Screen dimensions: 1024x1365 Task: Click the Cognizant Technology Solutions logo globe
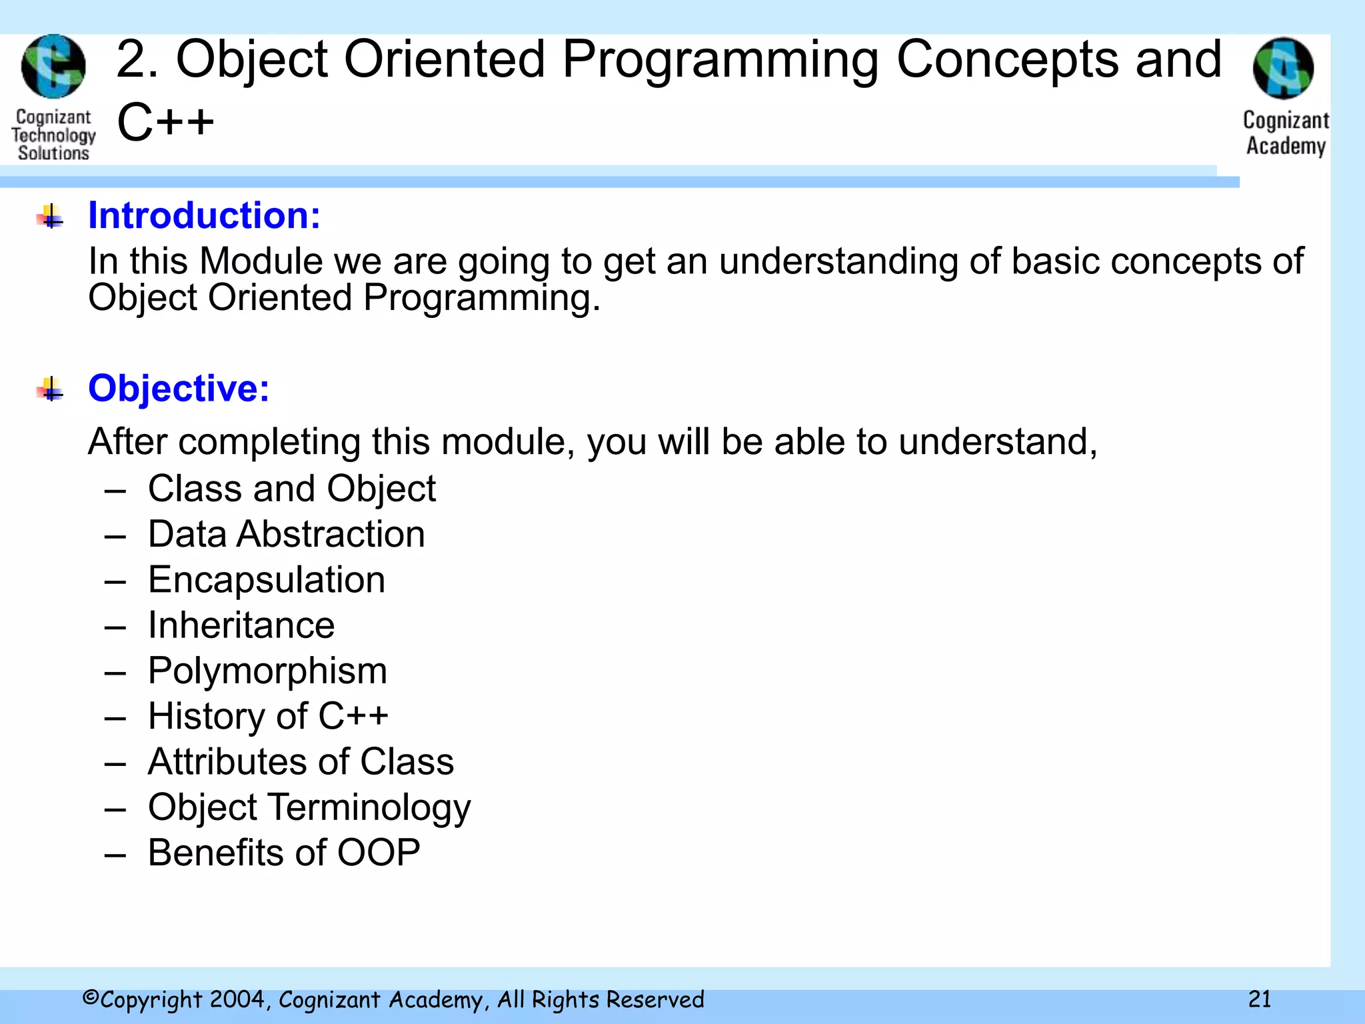[x=53, y=67]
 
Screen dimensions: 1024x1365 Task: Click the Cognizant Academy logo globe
[x=1283, y=69]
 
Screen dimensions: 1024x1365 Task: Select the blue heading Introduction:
[x=204, y=216]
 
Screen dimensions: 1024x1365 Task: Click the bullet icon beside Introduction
[x=51, y=217]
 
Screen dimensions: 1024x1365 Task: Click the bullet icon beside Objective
[x=51, y=389]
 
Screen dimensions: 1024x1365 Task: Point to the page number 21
[x=1259, y=999]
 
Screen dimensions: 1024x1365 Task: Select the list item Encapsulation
[x=267, y=579]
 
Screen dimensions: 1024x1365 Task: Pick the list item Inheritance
[x=241, y=625]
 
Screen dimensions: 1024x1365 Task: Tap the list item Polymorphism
[x=267, y=671]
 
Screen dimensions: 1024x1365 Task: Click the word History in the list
[x=206, y=716]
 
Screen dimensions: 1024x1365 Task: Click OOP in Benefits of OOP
[x=379, y=853]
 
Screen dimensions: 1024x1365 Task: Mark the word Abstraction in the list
[x=331, y=534]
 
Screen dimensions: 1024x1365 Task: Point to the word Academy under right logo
[x=1286, y=146]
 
